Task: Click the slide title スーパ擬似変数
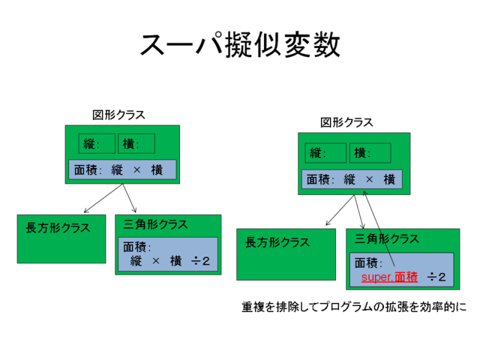point(240,45)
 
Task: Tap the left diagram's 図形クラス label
point(118,115)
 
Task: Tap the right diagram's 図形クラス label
point(346,122)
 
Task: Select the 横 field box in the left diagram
point(136,143)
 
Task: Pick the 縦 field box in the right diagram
point(325,153)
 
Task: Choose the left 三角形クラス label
point(156,224)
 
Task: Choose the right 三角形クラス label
point(386,239)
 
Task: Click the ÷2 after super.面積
point(436,277)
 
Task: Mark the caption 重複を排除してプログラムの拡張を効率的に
point(353,307)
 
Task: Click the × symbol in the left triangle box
point(156,261)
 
